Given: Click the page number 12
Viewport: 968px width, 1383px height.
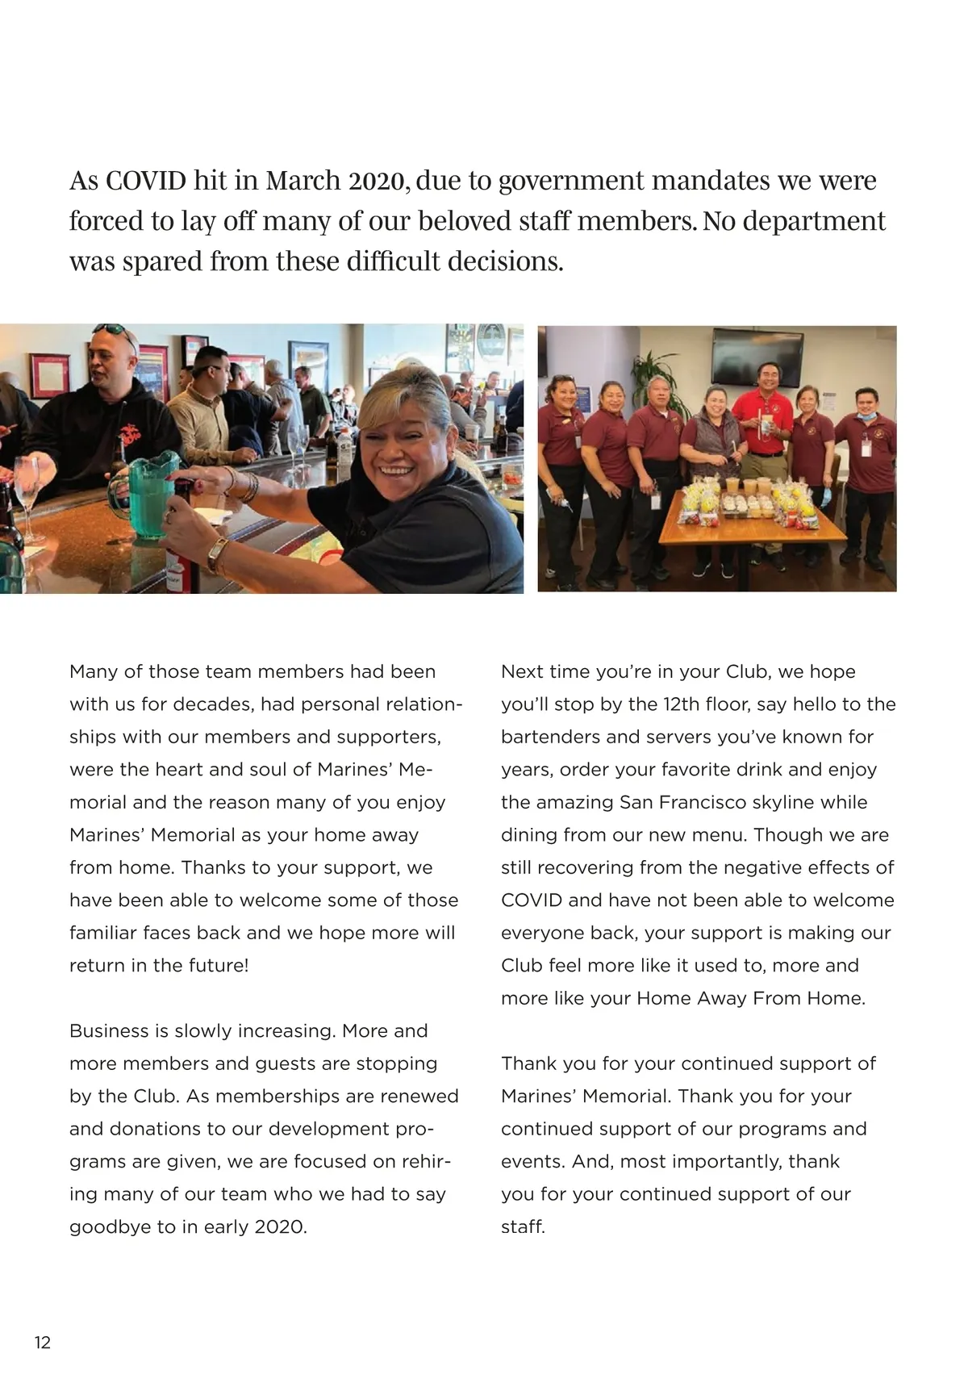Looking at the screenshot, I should click(42, 1343).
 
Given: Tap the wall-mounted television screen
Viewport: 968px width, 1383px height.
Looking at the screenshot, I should click(756, 356).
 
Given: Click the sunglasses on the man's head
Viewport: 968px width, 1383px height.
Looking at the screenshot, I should click(115, 330).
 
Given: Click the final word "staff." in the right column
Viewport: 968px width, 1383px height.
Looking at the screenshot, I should click(523, 1227).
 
